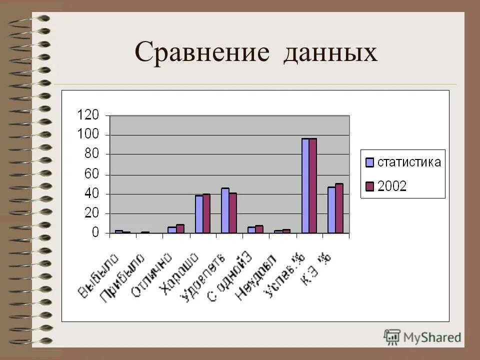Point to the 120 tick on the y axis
click(x=88, y=115)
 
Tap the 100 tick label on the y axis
click(x=88, y=135)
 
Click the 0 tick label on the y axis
click(x=95, y=233)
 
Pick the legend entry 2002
click(x=392, y=186)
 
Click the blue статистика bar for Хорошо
click(x=199, y=214)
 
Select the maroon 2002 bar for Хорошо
click(x=206, y=213)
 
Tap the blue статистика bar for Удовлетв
click(x=225, y=210)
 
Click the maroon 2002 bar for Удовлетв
click(x=232, y=213)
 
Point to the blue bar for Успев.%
click(x=305, y=185)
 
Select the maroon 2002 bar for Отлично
click(x=180, y=228)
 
